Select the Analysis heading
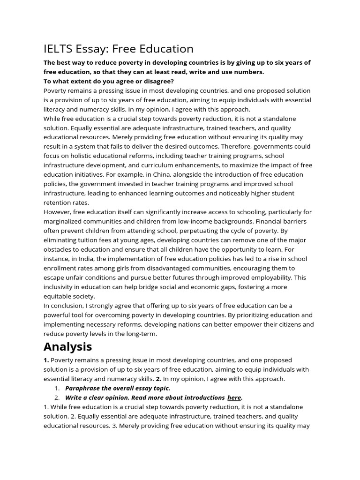67,346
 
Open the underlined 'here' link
234,397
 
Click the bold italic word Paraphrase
83,388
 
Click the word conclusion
68,306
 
